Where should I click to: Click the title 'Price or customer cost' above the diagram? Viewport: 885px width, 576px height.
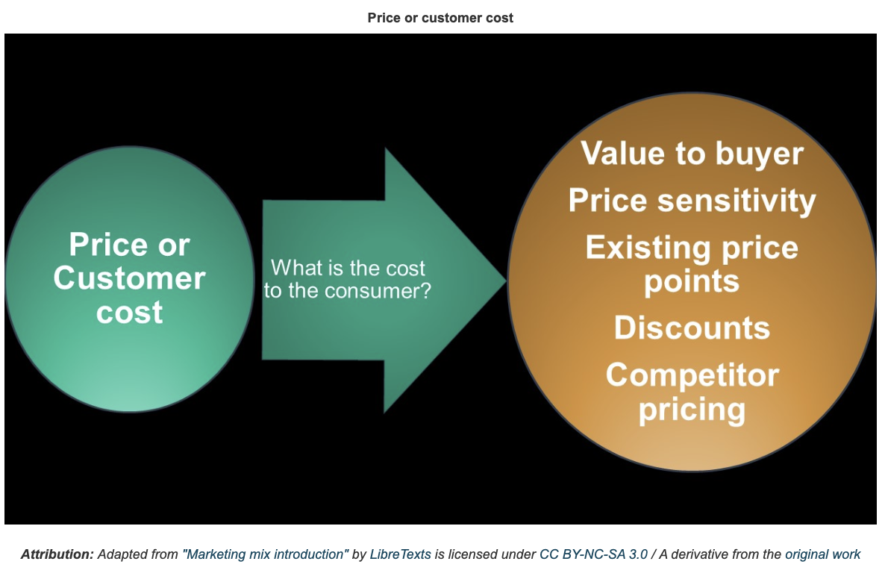pyautogui.click(x=440, y=18)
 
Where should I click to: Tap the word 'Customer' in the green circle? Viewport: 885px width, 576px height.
pyautogui.click(x=130, y=278)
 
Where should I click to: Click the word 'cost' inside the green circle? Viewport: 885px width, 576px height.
pyautogui.click(x=130, y=312)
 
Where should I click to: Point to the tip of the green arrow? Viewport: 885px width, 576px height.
pyautogui.click(x=506, y=279)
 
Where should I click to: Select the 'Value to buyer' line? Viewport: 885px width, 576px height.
pyautogui.click(x=692, y=154)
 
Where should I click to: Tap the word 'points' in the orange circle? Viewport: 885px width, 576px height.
pyautogui.click(x=692, y=281)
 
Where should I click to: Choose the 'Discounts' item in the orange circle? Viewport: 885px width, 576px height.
pyautogui.click(x=692, y=328)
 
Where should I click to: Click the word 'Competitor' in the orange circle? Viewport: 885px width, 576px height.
pyautogui.click(x=692, y=375)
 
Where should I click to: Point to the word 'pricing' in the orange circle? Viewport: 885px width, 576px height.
pyautogui.click(x=692, y=410)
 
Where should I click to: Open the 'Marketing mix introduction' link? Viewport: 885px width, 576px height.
pyautogui.click(x=265, y=554)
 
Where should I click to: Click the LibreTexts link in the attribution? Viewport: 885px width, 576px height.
pyautogui.click(x=400, y=554)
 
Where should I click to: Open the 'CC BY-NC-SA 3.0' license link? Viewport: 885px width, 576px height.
pyautogui.click(x=594, y=554)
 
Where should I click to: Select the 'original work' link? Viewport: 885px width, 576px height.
pyautogui.click(x=823, y=554)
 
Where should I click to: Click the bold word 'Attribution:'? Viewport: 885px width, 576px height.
pyautogui.click(x=57, y=554)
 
